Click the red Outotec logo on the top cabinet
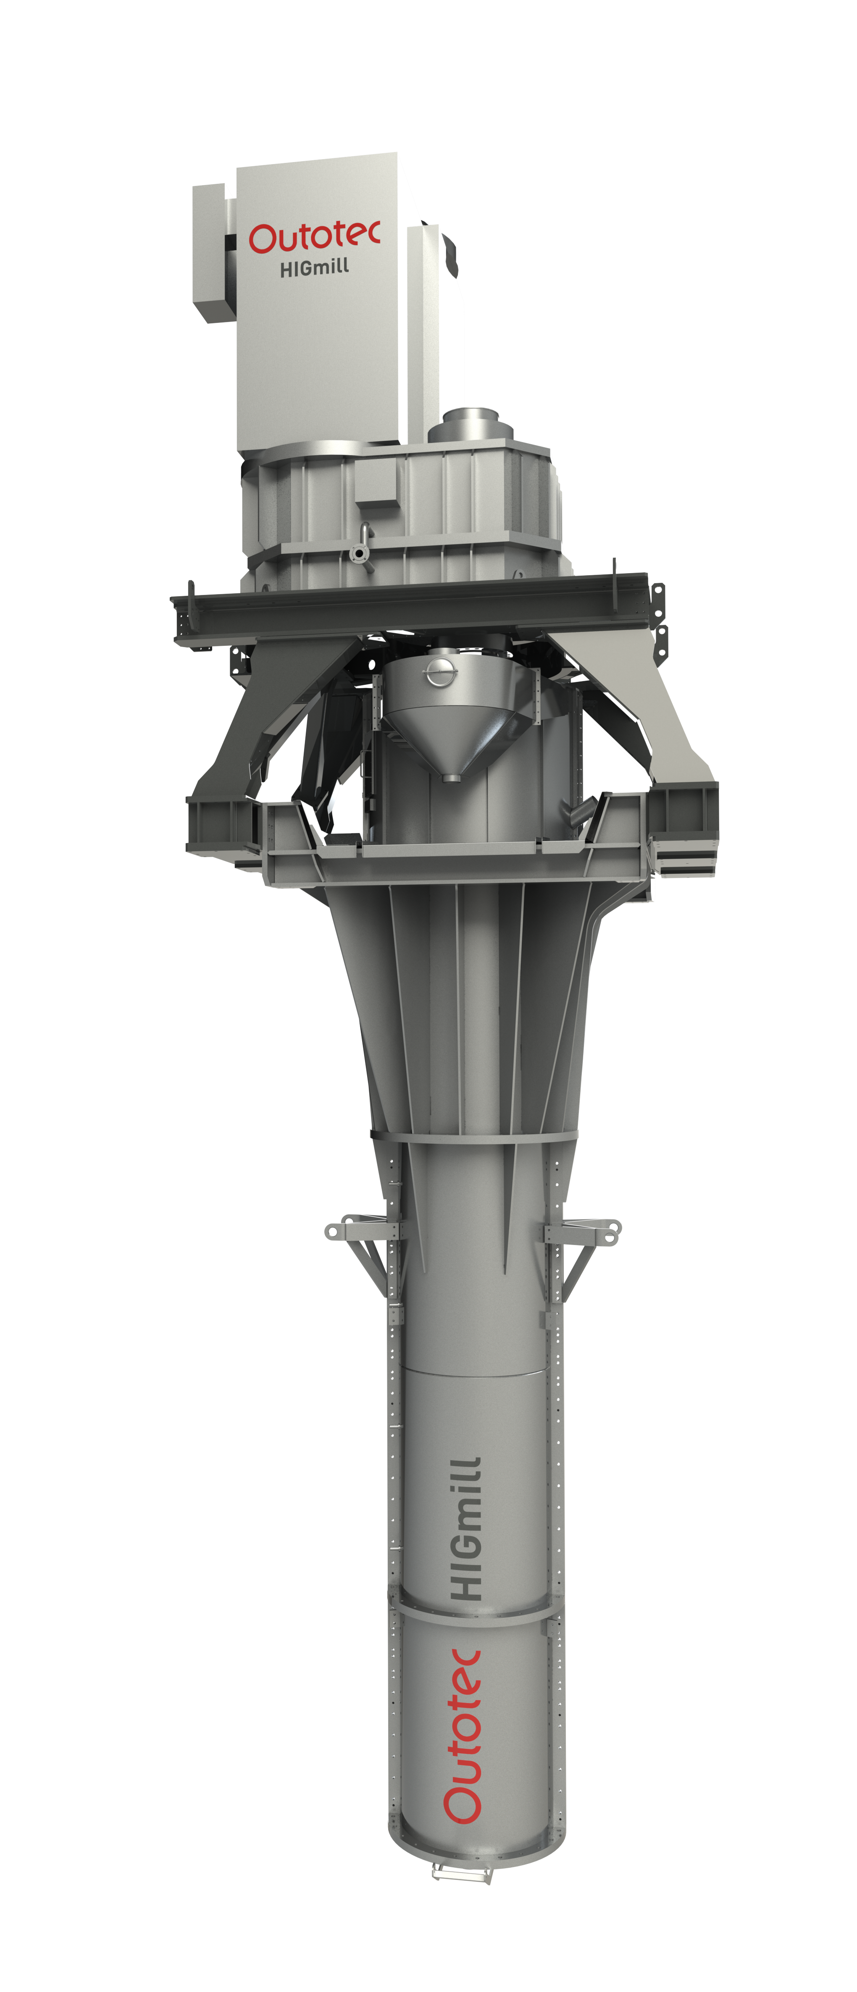pyautogui.click(x=314, y=237)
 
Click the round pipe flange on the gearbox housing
pyautogui.click(x=359, y=554)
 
